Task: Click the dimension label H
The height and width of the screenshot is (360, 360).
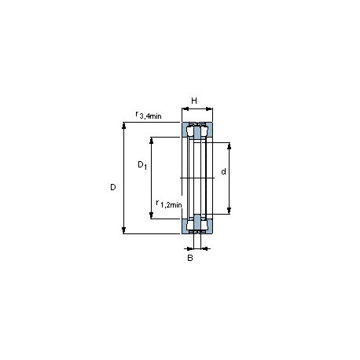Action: click(x=194, y=101)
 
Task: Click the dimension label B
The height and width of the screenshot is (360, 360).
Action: click(x=190, y=258)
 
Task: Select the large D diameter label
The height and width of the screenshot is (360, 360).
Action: click(x=113, y=187)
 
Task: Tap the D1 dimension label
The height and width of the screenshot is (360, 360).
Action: click(x=142, y=165)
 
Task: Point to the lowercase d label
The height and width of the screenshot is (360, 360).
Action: click(x=223, y=171)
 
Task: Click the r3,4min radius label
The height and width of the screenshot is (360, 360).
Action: click(x=149, y=115)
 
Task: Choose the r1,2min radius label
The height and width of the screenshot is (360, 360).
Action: click(x=169, y=204)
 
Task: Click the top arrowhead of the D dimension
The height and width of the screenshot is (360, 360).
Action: click(x=124, y=125)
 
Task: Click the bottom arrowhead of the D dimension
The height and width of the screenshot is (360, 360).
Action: click(x=124, y=230)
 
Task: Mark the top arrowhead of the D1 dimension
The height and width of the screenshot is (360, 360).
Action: click(x=151, y=141)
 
